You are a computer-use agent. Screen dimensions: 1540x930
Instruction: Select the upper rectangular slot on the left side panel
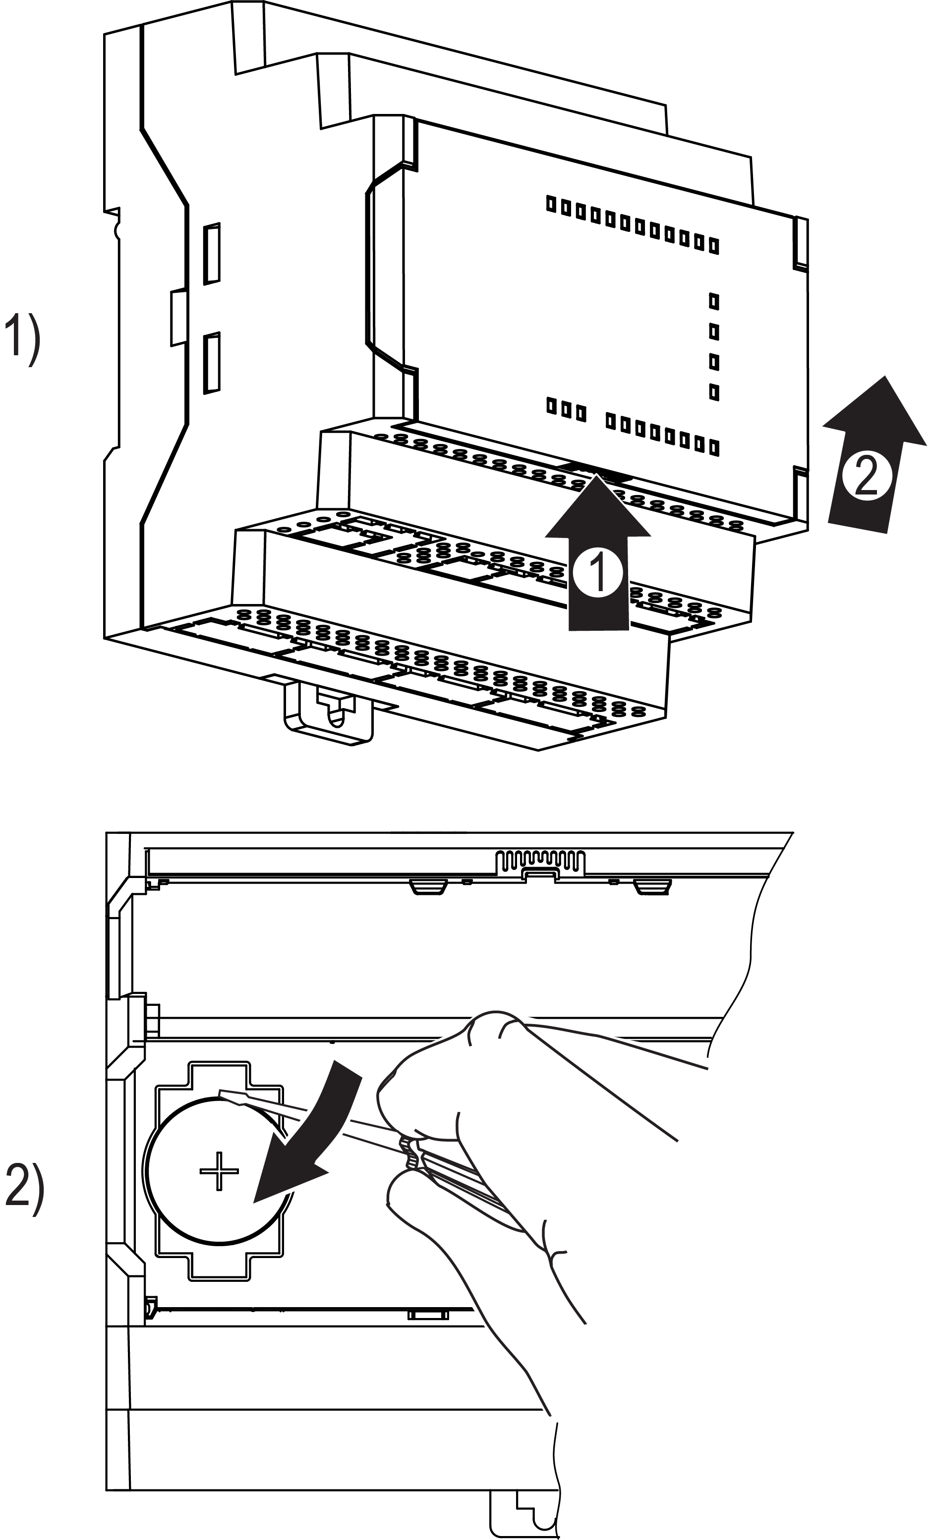(x=212, y=253)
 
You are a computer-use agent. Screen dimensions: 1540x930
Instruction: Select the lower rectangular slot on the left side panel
(x=212, y=363)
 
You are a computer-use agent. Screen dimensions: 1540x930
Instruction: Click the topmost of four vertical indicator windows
(x=713, y=301)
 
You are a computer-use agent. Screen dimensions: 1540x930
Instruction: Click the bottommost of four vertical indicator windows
(x=713, y=392)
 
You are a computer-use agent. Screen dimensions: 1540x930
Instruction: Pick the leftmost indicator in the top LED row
(x=551, y=204)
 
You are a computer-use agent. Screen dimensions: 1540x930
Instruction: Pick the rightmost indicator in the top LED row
(x=713, y=246)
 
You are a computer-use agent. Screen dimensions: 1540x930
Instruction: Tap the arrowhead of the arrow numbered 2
(x=879, y=412)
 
